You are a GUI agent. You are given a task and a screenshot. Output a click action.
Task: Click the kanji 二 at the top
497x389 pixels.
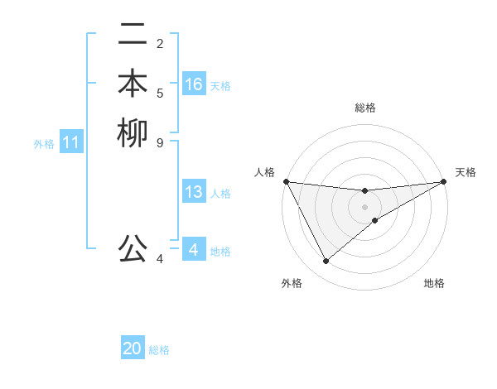point(133,36)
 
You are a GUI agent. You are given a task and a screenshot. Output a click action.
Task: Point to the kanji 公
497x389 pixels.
point(133,247)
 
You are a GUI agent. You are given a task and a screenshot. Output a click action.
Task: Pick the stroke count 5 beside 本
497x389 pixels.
point(160,93)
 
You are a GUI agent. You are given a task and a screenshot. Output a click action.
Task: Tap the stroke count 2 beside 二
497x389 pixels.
point(160,44)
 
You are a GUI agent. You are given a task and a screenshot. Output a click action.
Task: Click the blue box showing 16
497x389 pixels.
point(194,84)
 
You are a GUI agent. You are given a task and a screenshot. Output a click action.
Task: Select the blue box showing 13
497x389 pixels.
point(194,193)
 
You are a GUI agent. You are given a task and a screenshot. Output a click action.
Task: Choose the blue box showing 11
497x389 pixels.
point(71,143)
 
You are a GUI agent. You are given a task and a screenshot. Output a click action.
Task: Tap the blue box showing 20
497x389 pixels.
point(133,349)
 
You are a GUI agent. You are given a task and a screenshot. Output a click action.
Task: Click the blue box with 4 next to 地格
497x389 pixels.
point(194,250)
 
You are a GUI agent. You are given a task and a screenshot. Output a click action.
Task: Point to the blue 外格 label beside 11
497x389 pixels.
point(44,144)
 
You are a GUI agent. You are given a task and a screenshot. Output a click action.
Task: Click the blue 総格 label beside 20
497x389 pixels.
point(159,350)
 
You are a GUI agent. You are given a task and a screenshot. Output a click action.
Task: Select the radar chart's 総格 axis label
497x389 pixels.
point(365,108)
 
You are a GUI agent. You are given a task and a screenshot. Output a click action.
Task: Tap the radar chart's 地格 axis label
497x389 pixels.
point(434,284)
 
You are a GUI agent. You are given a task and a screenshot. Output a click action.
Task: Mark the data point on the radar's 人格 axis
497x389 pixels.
point(286,181)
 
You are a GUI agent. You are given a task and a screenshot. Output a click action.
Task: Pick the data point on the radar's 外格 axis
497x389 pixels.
point(326,262)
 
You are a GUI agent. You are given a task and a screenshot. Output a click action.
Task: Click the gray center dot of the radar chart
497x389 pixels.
point(365,207)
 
